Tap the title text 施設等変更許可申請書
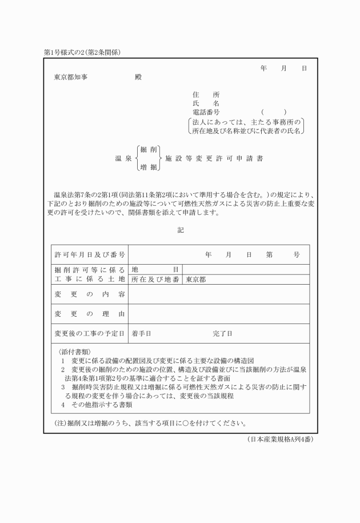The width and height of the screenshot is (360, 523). [214, 158]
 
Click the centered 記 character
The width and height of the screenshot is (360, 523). [181, 230]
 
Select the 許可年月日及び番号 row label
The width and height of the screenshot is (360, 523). [90, 255]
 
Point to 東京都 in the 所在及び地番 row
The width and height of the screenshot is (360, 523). [196, 280]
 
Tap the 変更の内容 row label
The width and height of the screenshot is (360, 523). [90, 294]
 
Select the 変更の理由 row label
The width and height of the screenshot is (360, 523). [90, 314]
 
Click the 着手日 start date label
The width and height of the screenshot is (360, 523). [141, 333]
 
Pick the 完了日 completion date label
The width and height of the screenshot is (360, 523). [222, 333]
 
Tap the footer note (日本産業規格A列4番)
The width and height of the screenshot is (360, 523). [280, 439]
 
